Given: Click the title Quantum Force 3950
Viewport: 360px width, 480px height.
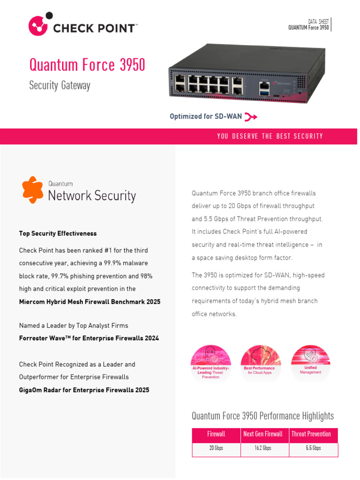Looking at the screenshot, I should pos(87,65).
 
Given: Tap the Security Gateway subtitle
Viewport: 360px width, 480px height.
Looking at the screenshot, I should pos(60,85).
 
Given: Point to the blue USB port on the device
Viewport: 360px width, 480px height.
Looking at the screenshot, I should pos(264,94).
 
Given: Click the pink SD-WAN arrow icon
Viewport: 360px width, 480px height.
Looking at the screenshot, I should pos(251,116).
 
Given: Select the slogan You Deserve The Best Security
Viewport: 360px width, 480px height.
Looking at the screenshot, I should pos(270,136).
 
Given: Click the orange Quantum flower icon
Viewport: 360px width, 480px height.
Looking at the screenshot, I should pos(33,190).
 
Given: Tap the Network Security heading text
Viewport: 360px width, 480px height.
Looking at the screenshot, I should pos(92,195).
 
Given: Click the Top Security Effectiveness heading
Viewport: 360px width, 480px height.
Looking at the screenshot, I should pos(58,233).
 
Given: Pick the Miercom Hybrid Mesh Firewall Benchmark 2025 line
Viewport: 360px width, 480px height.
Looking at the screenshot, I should pos(90,302).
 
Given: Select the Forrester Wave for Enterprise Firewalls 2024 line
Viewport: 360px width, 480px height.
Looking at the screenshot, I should pos(89,338).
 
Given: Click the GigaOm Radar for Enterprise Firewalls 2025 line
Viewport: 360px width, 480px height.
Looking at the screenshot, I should pos(84,390).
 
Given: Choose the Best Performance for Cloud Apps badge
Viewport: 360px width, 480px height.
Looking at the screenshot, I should pos(261,362).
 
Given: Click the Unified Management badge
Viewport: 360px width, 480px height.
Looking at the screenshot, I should pos(310,361).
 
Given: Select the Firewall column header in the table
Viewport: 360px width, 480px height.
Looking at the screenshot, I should pos(216,434).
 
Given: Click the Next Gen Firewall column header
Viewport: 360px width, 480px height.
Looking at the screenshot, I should pos(263,434).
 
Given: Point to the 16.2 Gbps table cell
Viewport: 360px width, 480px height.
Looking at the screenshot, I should pos(263,449).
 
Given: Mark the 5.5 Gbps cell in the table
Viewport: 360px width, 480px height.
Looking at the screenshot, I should pos(313,449).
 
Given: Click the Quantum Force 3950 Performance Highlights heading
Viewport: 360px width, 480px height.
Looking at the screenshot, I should pos(262,416).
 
